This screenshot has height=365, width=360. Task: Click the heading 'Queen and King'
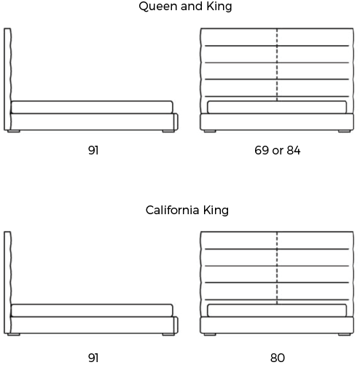185,7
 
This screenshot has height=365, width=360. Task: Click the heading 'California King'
187,210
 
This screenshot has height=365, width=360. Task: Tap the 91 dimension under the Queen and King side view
93,150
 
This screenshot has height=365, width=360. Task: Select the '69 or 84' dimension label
278,150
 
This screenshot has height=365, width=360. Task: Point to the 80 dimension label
278,358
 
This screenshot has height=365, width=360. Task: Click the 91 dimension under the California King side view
93,358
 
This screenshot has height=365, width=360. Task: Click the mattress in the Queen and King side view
92,107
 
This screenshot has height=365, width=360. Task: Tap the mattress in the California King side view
92,310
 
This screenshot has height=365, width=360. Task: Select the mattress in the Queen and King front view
277,107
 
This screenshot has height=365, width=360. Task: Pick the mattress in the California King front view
277,310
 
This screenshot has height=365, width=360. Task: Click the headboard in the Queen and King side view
7,79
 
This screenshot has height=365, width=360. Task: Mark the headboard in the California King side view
7,282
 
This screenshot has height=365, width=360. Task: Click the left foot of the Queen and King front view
210,131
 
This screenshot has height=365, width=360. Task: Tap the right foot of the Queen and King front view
344,131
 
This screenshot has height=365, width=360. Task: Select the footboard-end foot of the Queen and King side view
168,131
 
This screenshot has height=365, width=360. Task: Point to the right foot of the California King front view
344,334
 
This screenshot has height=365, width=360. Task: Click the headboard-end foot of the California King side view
14,334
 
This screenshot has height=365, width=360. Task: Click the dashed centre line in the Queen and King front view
277,65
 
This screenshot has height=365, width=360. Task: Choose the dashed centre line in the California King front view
277,268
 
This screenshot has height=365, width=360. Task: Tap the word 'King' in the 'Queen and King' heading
219,7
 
